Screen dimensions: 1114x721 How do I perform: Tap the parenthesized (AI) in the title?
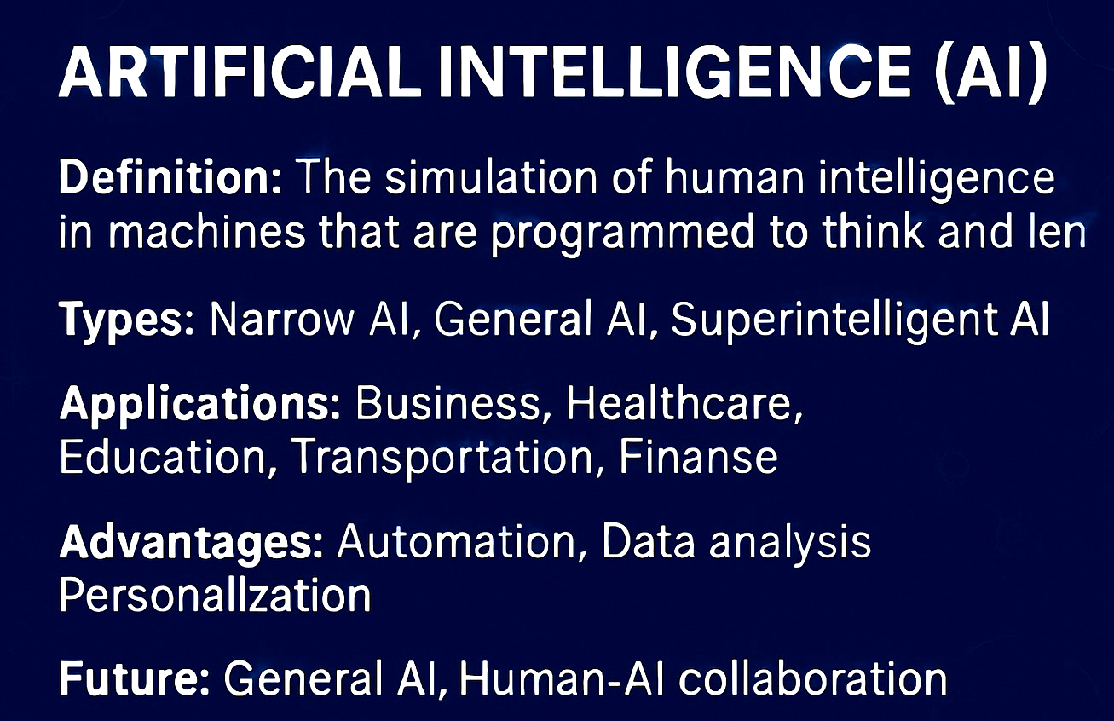pos(990,73)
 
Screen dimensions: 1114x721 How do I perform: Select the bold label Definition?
pos(170,177)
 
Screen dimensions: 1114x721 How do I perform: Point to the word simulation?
pos(491,177)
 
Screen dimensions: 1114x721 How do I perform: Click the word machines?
pos(206,232)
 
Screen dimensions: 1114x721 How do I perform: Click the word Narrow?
pos(282,318)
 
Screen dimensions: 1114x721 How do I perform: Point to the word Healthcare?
pos(684,403)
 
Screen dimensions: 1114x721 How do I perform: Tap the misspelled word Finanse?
pos(698,457)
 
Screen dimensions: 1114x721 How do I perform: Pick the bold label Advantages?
pos(192,544)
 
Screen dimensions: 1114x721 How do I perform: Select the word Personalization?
pos(215,595)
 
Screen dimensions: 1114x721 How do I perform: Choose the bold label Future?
pos(135,678)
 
